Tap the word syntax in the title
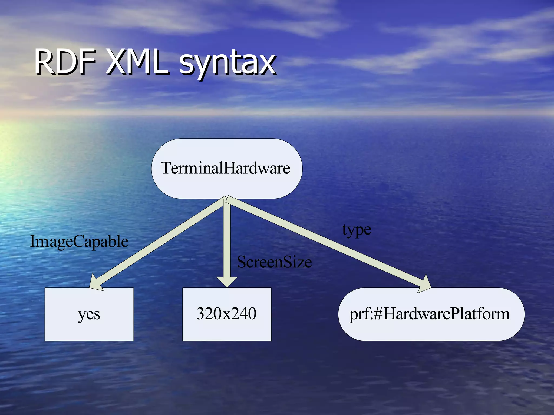coord(227,63)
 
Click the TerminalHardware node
coord(227,169)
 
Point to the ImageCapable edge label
coord(79,241)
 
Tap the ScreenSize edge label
coord(274,262)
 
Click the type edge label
coord(357,230)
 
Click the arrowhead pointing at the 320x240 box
coord(227,282)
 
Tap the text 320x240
coord(226,314)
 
